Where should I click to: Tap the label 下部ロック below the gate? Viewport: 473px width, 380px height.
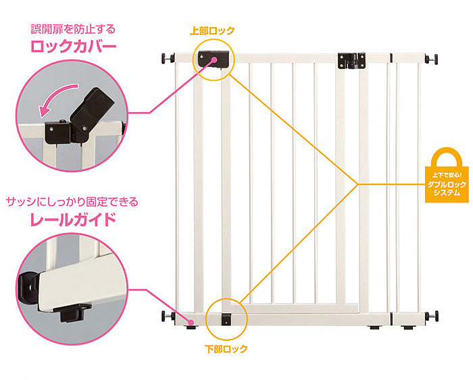click(x=226, y=349)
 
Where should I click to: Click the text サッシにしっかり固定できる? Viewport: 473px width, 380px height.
click(x=72, y=201)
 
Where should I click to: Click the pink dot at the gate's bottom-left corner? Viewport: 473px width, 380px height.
click(x=191, y=323)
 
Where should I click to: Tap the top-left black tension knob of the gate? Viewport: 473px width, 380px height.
click(x=165, y=59)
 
